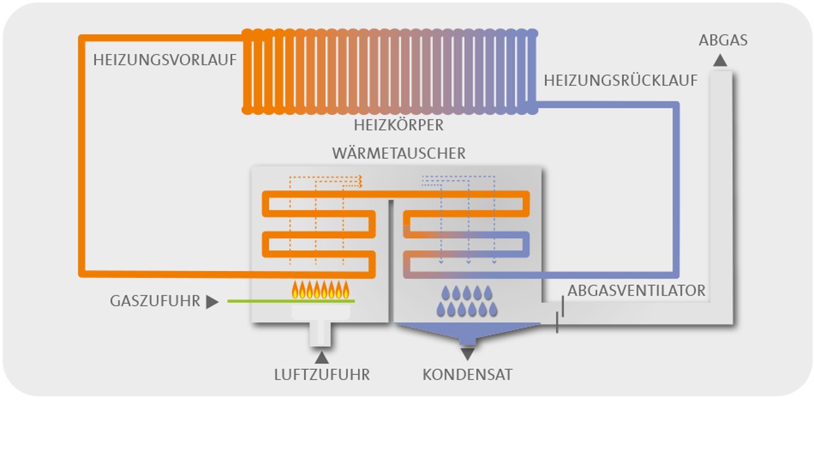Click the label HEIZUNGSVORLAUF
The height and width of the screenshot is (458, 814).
[x=165, y=60]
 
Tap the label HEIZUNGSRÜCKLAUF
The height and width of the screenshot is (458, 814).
[x=621, y=81]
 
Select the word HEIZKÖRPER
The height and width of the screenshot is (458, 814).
[x=399, y=125]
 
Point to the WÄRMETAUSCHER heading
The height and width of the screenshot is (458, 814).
[x=399, y=153]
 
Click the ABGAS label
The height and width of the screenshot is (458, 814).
[x=723, y=41]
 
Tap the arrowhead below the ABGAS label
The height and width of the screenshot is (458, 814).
[x=720, y=60]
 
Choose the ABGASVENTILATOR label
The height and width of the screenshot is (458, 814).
[x=637, y=291]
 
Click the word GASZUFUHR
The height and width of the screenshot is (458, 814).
[x=155, y=301]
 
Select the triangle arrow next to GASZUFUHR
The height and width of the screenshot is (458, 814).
[x=212, y=302]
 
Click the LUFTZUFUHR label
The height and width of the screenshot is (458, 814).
[x=322, y=375]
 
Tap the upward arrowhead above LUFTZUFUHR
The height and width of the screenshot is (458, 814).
[x=322, y=357]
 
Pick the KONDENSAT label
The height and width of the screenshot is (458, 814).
[x=467, y=375]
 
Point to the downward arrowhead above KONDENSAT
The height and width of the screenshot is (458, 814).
[x=467, y=354]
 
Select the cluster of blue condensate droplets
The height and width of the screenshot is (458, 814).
[x=467, y=301]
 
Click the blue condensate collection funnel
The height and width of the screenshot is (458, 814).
[x=467, y=331]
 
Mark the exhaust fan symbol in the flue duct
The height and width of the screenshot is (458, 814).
[x=560, y=314]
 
